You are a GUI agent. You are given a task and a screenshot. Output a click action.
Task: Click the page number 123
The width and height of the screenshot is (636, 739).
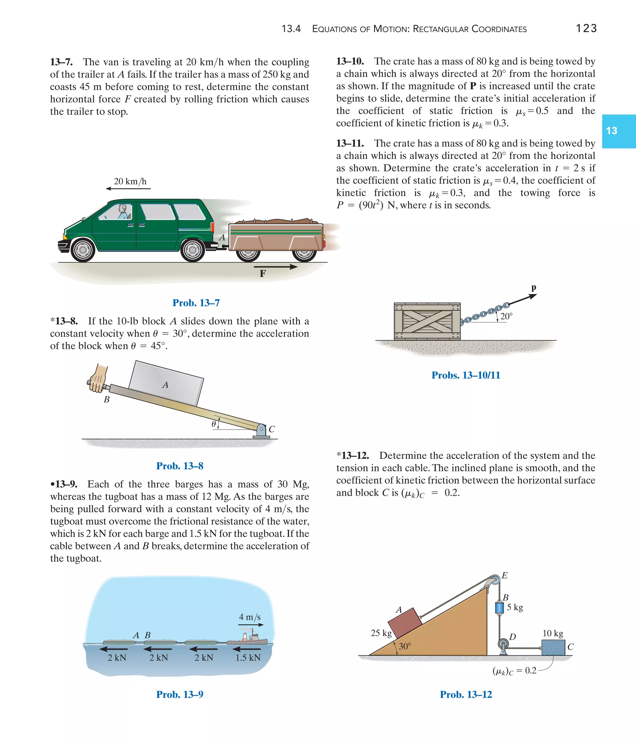click(x=586, y=28)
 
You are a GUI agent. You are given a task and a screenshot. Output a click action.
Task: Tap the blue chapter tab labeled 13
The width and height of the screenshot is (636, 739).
click(x=619, y=131)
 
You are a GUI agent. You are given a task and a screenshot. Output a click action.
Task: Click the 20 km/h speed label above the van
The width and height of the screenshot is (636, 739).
click(x=130, y=181)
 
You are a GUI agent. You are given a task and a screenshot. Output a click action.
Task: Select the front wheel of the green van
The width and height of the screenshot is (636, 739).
click(x=83, y=250)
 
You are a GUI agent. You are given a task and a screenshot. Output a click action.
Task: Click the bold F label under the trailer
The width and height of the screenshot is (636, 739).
click(x=263, y=274)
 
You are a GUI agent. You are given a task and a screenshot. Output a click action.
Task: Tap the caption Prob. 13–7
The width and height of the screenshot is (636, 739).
click(x=196, y=303)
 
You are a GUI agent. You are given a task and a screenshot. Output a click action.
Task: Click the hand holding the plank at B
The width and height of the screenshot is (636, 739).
click(x=98, y=379)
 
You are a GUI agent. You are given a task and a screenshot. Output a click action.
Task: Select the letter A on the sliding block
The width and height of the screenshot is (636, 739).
click(x=165, y=385)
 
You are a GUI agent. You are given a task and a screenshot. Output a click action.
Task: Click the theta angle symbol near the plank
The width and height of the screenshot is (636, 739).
click(x=214, y=424)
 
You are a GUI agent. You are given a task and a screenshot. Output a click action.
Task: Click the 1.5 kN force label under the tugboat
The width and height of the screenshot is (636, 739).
click(x=248, y=658)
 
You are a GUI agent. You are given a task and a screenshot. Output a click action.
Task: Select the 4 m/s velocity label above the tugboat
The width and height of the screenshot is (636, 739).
click(x=250, y=617)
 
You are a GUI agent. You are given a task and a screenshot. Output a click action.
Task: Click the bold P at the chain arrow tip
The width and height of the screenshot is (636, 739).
click(x=534, y=288)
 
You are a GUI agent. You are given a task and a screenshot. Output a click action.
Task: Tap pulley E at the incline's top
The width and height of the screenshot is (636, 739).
click(x=495, y=579)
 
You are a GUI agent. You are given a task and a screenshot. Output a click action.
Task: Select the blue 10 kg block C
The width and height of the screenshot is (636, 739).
click(x=553, y=647)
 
